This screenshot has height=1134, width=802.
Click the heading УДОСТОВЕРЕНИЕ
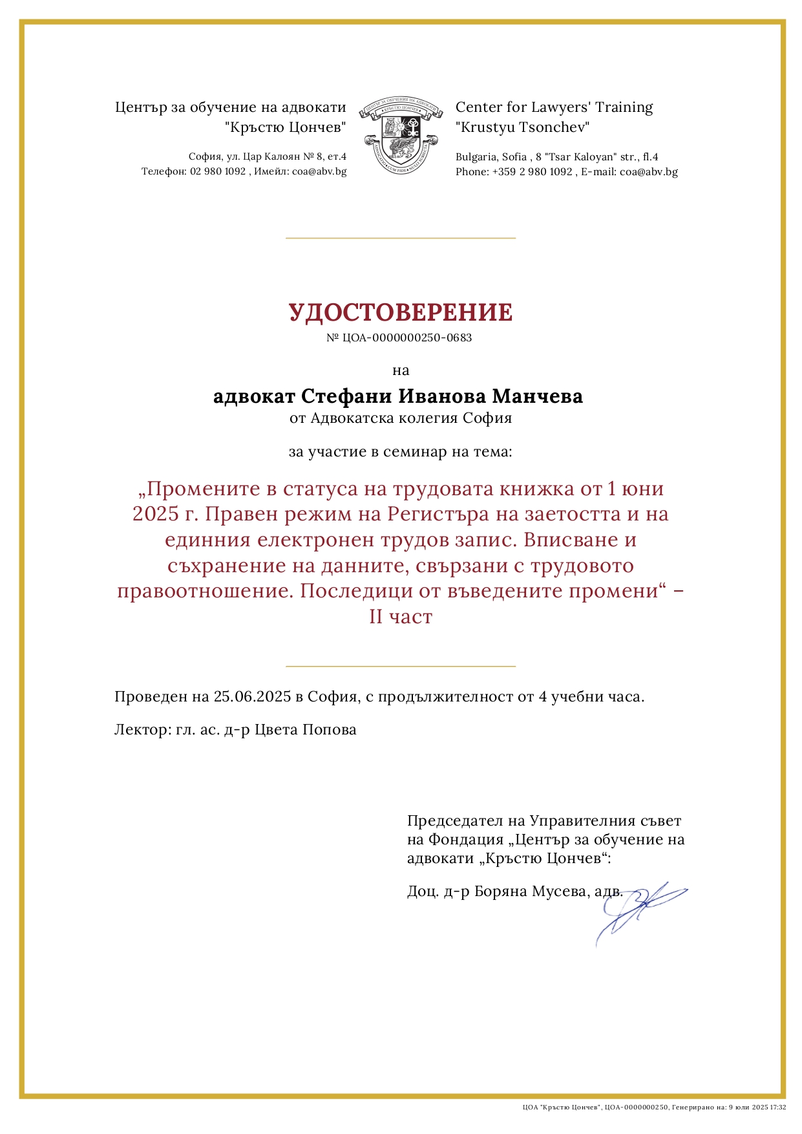[401, 312]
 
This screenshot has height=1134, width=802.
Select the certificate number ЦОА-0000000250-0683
[407, 337]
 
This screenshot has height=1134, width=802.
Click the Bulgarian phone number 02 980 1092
[218, 172]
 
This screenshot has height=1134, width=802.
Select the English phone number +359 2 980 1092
[533, 172]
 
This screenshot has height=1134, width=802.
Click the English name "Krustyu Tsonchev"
[523, 127]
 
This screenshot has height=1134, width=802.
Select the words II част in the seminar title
[401, 617]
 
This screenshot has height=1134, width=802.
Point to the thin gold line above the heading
[401, 238]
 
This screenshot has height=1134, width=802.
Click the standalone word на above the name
[401, 370]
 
